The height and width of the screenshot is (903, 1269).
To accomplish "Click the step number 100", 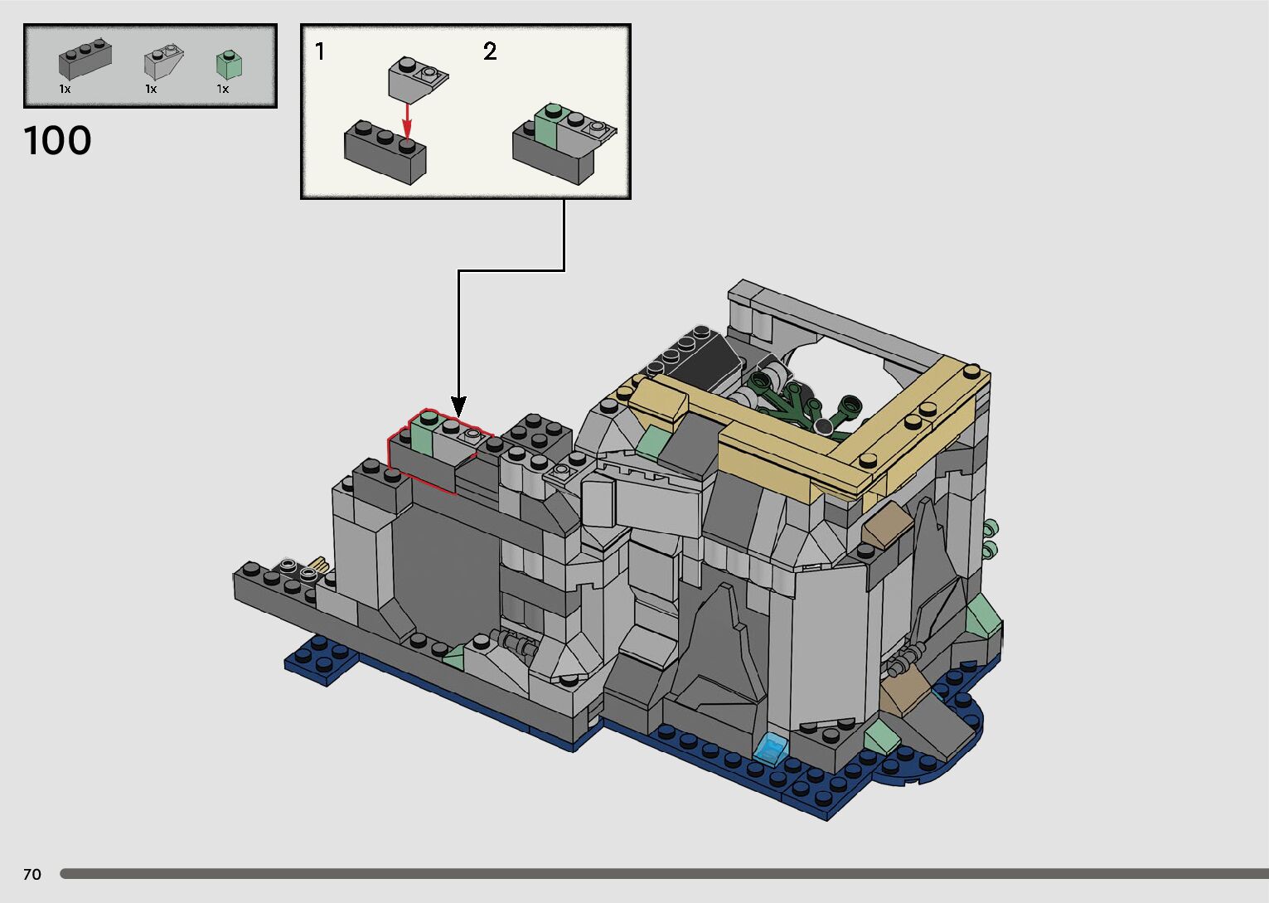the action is tap(57, 141).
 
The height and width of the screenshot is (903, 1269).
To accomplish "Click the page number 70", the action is tap(32, 874).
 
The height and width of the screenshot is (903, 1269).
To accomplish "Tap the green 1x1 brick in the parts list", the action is tap(228, 65).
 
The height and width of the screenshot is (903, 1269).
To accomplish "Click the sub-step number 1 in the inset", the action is tap(320, 52).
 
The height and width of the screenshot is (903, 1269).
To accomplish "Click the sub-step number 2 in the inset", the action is tap(490, 52).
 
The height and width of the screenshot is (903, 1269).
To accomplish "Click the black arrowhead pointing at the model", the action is tap(458, 405).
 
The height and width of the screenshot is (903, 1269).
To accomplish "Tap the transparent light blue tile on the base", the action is tap(772, 749).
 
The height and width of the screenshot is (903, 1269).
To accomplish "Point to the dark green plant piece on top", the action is tap(787, 402).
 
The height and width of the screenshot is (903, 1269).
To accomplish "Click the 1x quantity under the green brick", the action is tap(222, 89).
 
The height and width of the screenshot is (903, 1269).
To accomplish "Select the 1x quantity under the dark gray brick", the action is tap(65, 89).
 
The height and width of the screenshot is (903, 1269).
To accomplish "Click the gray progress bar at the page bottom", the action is tap(663, 874).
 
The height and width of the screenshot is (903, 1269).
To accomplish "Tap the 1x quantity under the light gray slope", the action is tap(151, 89).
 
